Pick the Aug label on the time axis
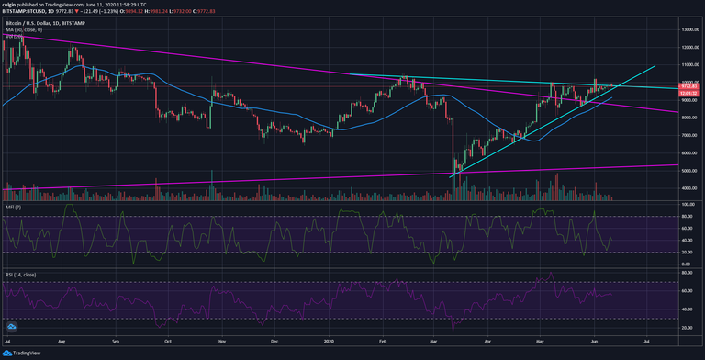[x=63, y=340]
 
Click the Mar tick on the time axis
[x=442, y=340]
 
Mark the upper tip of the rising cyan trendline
[x=655, y=66]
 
